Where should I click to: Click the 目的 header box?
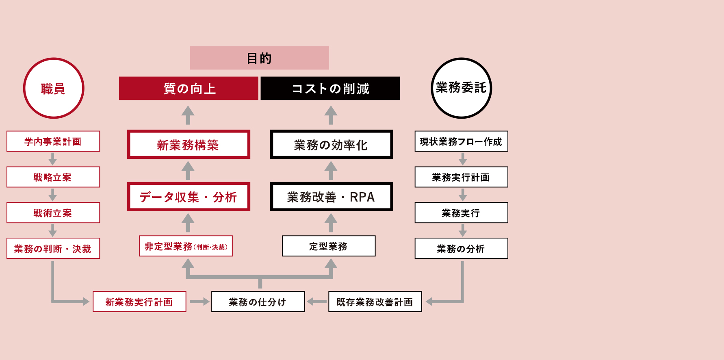(x=259, y=58)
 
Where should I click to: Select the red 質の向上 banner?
(x=189, y=88)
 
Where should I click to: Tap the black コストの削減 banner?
(x=330, y=88)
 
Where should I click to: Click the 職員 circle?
(x=54, y=88)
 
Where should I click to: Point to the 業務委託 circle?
(x=462, y=88)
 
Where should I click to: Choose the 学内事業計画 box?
(x=53, y=141)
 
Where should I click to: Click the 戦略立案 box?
(x=53, y=177)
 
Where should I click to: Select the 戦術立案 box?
(x=53, y=213)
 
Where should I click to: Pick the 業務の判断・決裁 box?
(x=53, y=248)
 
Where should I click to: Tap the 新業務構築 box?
(x=189, y=144)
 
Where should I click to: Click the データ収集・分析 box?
(x=189, y=197)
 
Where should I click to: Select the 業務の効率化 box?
(x=332, y=144)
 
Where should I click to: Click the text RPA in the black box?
(x=362, y=197)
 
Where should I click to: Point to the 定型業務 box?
(x=329, y=246)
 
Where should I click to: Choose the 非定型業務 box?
(x=186, y=246)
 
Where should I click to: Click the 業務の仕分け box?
(x=258, y=301)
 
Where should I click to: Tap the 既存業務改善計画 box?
(x=375, y=301)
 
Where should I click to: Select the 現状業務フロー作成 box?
(x=462, y=141)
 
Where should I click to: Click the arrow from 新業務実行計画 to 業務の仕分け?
(x=199, y=301)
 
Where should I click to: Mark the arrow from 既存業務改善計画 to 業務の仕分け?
(x=317, y=301)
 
